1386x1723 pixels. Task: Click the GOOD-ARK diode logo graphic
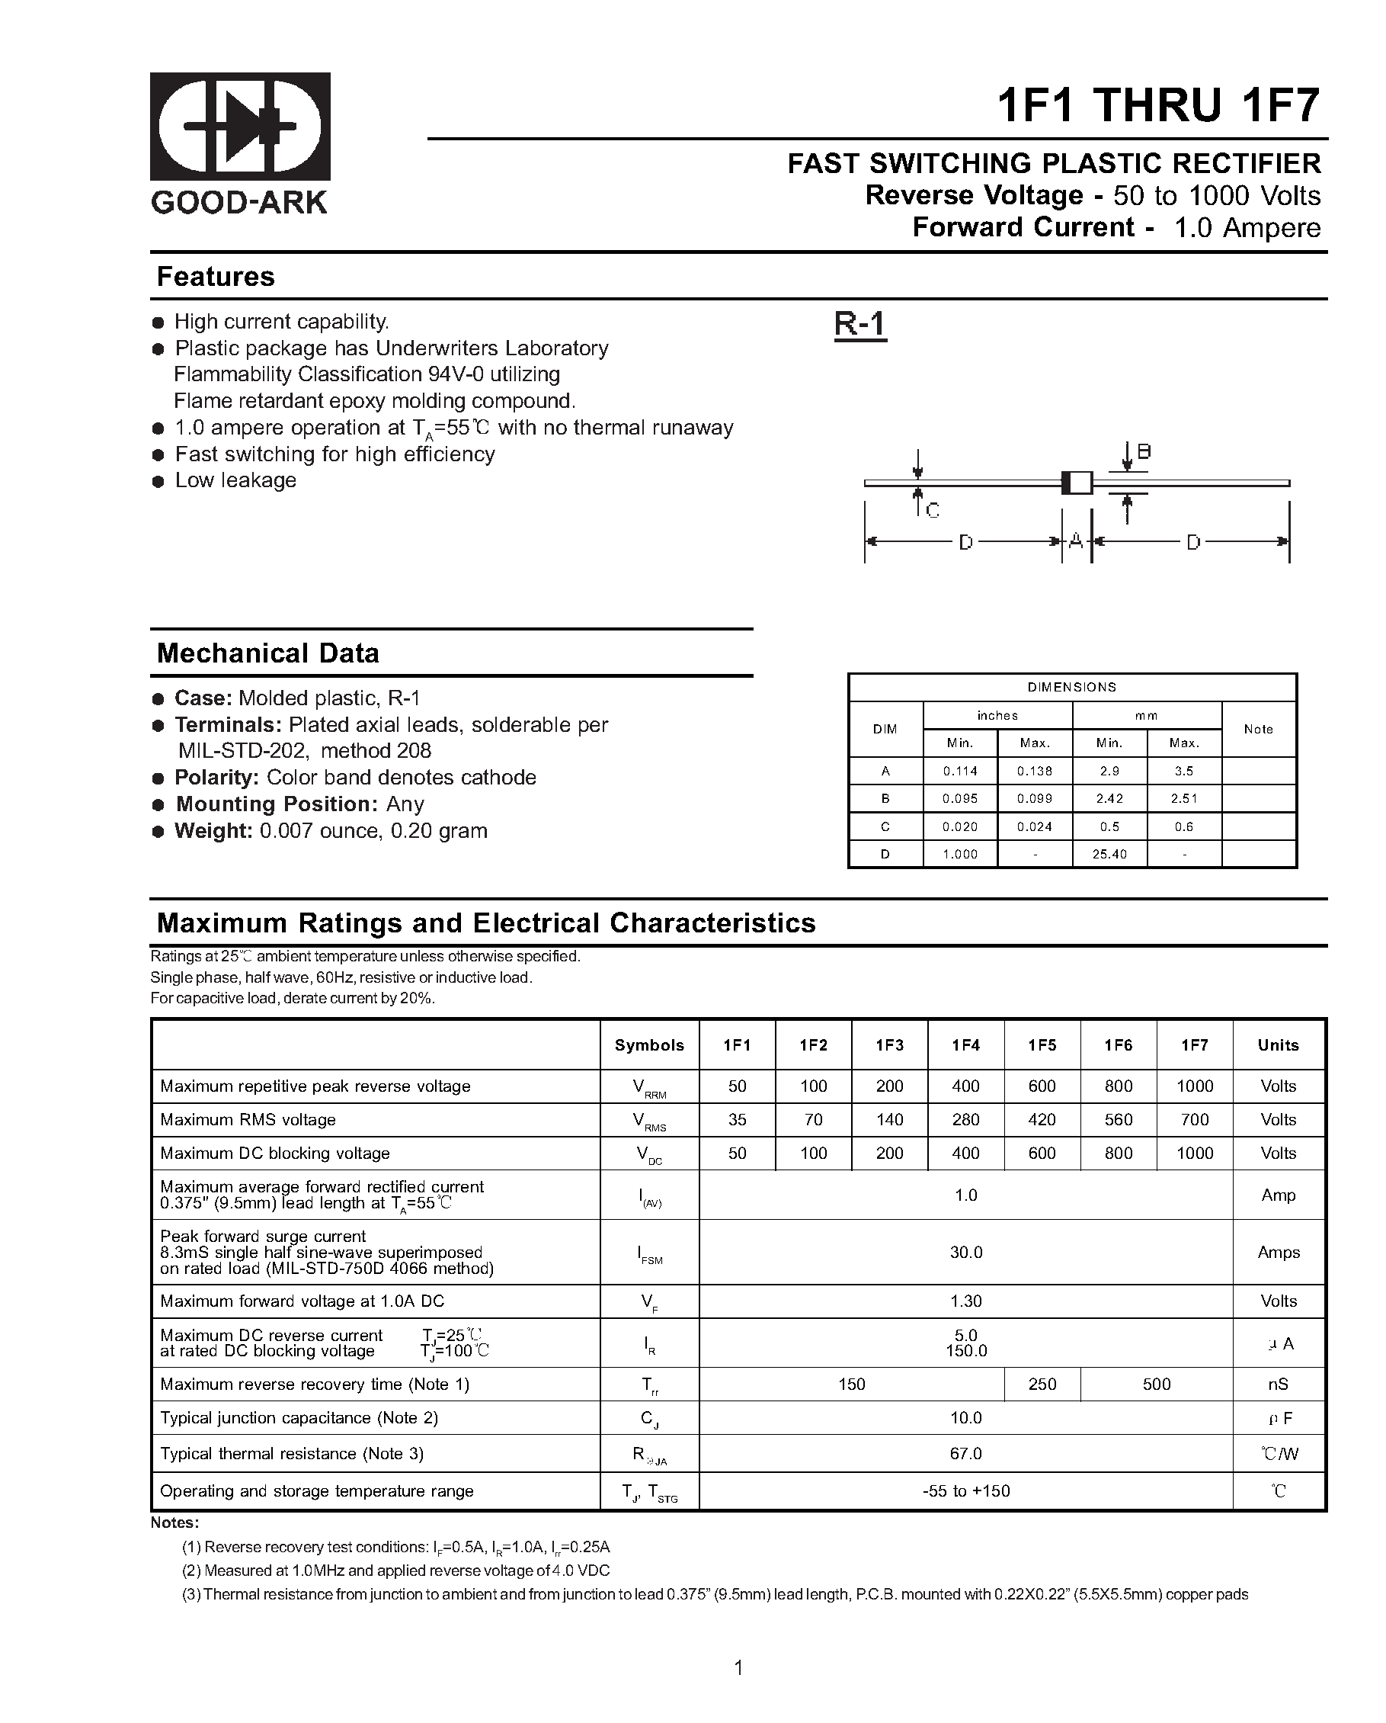[x=240, y=127]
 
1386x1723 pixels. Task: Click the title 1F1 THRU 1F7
[x=1157, y=104]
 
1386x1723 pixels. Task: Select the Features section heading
[x=215, y=277]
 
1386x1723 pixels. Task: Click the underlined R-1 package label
[x=859, y=324]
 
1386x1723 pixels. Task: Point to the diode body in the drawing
[x=1076, y=483]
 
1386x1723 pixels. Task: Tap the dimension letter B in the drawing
[x=1144, y=451]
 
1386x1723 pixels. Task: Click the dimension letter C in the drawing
[x=933, y=510]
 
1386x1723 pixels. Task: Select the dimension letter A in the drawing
[x=1076, y=541]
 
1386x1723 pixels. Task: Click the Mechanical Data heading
[x=267, y=653]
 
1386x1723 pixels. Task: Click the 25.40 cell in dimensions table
[x=1109, y=855]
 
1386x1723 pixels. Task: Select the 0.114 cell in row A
[x=959, y=772]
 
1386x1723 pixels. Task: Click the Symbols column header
[x=648, y=1045]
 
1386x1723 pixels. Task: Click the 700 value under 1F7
[x=1194, y=1120]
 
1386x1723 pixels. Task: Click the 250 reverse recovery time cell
[x=1042, y=1384]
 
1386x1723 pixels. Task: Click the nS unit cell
[x=1278, y=1384]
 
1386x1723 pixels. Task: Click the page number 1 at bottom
[x=738, y=1667]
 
